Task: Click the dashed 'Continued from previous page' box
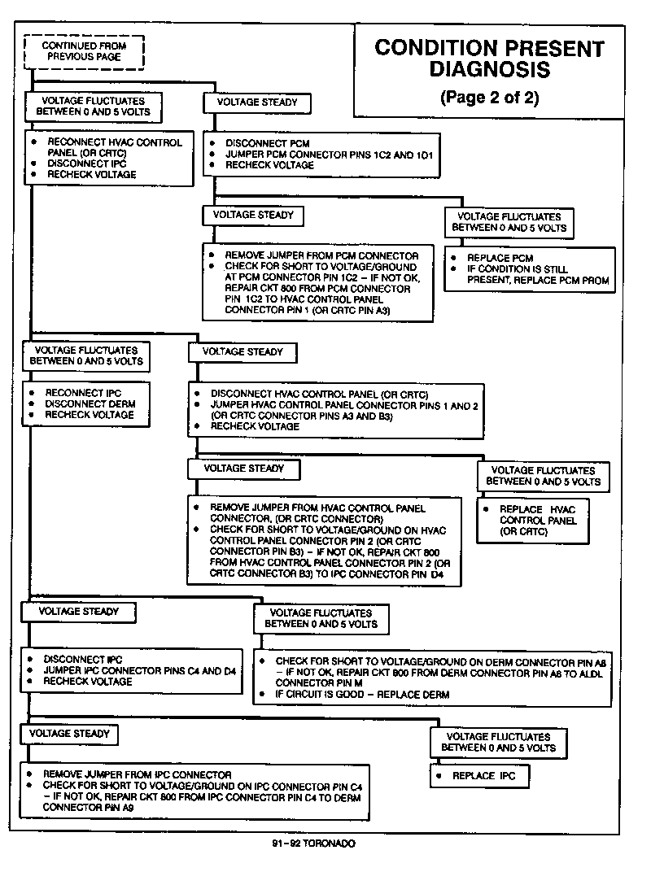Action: coord(84,52)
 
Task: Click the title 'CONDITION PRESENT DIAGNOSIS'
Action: coord(489,59)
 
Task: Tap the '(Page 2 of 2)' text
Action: coord(489,98)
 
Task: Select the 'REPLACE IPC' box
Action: coord(479,776)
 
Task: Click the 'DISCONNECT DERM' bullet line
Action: coord(90,403)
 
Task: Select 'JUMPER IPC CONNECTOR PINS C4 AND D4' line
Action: coord(139,670)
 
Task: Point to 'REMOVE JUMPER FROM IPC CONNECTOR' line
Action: coord(137,774)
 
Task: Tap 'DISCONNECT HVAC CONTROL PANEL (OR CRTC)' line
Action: coord(319,394)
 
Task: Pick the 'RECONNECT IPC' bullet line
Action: coord(84,392)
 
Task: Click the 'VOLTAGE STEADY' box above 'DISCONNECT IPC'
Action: coord(78,612)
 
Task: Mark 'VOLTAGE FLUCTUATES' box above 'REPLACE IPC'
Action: coord(500,742)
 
